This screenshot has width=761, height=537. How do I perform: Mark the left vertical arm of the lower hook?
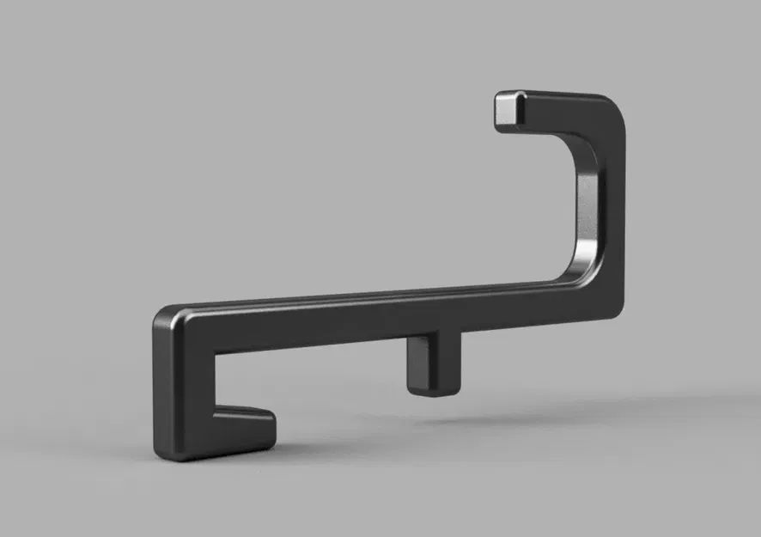coord(182,387)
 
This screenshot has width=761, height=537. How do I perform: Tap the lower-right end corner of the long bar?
coord(615,309)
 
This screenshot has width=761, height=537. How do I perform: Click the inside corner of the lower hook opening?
coord(215,404)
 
